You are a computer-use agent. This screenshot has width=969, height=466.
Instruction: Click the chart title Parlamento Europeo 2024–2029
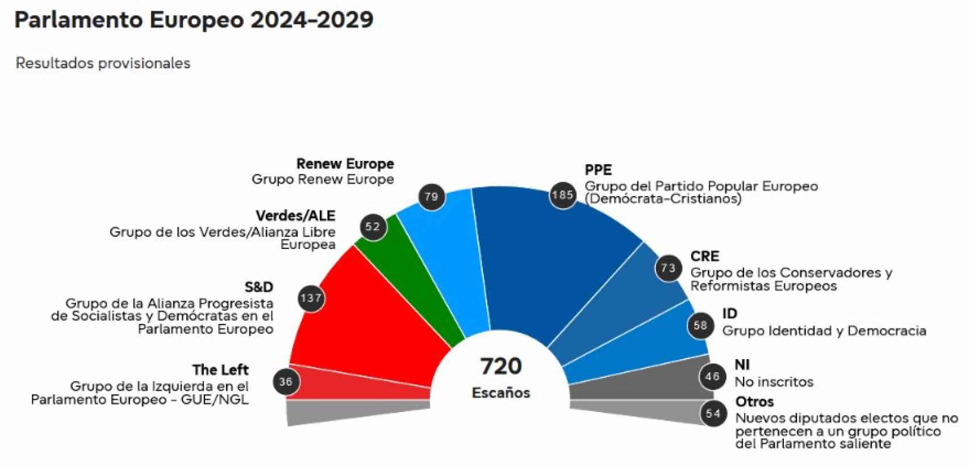[x=194, y=20]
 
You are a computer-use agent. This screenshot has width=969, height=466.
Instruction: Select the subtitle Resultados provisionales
[x=103, y=63]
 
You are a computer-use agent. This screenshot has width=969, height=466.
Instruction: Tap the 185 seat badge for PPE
[x=562, y=195]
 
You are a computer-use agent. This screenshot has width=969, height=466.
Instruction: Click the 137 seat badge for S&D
[x=311, y=298]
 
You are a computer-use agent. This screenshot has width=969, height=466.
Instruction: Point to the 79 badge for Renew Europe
[x=431, y=197]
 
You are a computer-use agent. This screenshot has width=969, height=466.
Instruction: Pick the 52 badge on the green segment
[x=373, y=227]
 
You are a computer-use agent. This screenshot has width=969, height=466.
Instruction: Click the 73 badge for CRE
[x=669, y=268]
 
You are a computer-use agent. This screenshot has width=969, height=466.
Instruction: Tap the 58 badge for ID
[x=700, y=326]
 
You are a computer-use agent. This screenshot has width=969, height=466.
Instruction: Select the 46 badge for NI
[x=712, y=376]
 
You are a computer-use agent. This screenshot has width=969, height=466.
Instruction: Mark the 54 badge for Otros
[x=713, y=414]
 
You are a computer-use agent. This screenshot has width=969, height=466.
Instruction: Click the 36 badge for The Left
[x=286, y=382]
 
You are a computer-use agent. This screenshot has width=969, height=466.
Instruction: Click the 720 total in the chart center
[x=500, y=367]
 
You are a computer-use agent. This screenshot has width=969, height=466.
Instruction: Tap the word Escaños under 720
[x=500, y=393]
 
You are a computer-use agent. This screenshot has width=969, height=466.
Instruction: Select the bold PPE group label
[x=598, y=170]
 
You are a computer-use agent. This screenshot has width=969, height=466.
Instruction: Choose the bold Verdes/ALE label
[x=295, y=216]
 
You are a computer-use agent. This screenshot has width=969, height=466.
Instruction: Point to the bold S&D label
[x=258, y=287]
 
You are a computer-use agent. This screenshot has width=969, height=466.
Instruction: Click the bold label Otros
[x=754, y=402]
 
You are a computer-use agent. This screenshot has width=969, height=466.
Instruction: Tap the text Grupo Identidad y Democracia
[x=824, y=331]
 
